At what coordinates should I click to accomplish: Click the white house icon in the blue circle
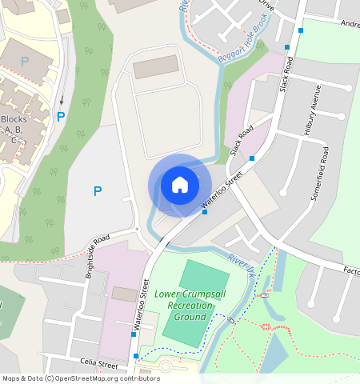pyautogui.click(x=180, y=185)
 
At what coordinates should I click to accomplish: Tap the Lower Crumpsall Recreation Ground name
pyautogui.click(x=184, y=305)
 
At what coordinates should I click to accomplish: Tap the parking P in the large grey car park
pyautogui.click(x=98, y=191)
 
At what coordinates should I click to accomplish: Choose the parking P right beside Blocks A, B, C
pyautogui.click(x=61, y=117)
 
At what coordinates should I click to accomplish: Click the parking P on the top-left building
pyautogui.click(x=25, y=61)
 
